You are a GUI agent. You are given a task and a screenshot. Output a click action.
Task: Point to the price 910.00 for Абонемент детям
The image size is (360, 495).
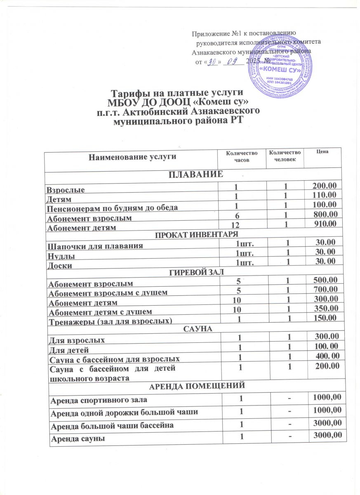tap(324, 224)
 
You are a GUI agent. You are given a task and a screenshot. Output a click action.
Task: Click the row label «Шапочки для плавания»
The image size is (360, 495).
tap(96, 246)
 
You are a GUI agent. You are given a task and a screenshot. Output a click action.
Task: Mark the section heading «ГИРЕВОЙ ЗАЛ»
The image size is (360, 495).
tap(195, 273)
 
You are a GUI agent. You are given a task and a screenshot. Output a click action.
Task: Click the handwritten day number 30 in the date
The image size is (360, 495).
tap(213, 62)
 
